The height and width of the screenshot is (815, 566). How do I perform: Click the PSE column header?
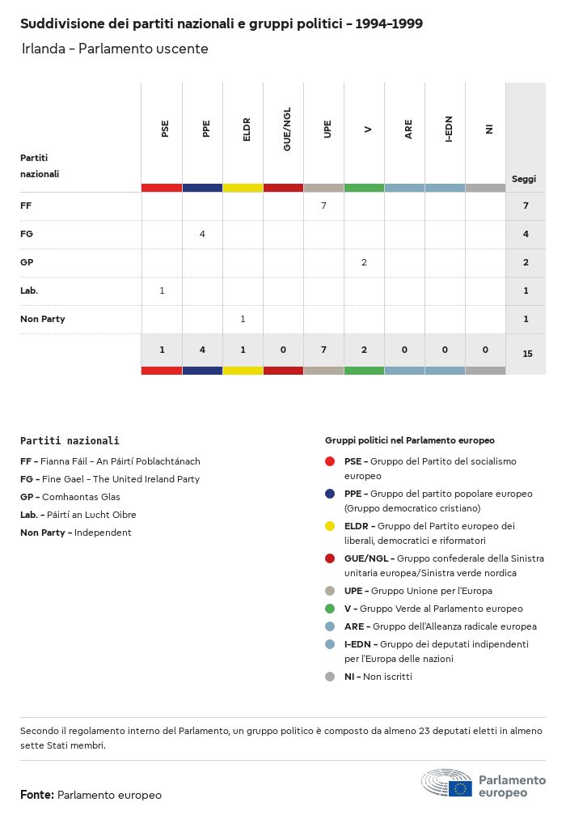pyautogui.click(x=165, y=129)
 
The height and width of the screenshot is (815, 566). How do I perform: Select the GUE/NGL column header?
pyautogui.click(x=287, y=129)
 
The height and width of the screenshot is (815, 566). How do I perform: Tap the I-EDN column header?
pyautogui.click(x=449, y=129)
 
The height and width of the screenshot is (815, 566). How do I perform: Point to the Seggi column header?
pyautogui.click(x=524, y=179)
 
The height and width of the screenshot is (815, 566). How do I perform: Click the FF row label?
pyautogui.click(x=26, y=206)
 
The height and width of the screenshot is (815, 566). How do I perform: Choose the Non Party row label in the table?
pyautogui.click(x=43, y=319)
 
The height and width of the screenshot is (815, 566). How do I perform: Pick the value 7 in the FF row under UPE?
pyautogui.click(x=323, y=206)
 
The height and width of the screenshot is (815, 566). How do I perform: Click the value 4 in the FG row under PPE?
pyautogui.click(x=202, y=234)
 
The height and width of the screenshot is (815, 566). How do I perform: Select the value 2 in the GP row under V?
pyautogui.click(x=364, y=262)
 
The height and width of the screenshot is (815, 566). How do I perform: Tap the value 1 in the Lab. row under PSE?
pyautogui.click(x=162, y=291)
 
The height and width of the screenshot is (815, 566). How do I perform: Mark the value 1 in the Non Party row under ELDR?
pyautogui.click(x=243, y=319)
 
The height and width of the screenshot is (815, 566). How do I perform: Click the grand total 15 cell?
pyautogui.click(x=527, y=354)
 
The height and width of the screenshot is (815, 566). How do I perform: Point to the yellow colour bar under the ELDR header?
pyautogui.click(x=243, y=188)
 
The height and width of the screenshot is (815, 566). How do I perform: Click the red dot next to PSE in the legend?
pyautogui.click(x=330, y=461)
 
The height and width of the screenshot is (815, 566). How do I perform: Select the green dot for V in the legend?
pyautogui.click(x=330, y=609)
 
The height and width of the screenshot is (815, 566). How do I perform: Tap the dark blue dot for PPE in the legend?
pyautogui.click(x=330, y=494)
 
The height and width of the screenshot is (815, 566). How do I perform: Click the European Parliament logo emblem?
pyautogui.click(x=446, y=783)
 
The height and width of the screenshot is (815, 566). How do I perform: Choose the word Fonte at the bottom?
pyautogui.click(x=36, y=795)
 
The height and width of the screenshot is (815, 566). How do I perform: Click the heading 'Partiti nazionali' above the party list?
pyautogui.click(x=70, y=441)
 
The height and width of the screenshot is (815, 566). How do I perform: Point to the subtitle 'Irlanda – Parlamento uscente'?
pyautogui.click(x=115, y=49)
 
